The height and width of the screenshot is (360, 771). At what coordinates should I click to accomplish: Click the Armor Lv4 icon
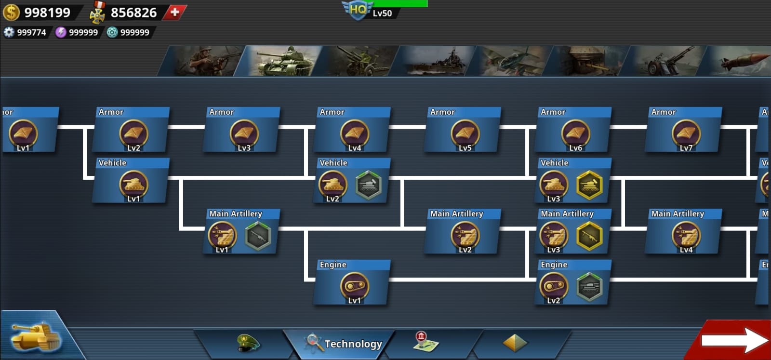click(354, 133)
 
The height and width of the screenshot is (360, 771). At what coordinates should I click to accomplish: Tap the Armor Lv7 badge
click(686, 133)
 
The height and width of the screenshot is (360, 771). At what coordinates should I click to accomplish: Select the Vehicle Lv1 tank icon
click(133, 185)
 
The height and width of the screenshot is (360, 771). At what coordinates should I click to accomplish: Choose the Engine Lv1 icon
click(354, 286)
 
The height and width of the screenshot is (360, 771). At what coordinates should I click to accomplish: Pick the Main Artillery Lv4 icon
click(686, 235)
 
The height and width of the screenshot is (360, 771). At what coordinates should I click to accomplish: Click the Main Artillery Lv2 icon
click(465, 235)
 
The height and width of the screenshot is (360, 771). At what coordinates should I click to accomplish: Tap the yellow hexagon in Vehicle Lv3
click(589, 185)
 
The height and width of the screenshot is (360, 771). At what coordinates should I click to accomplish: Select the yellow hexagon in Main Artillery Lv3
click(589, 236)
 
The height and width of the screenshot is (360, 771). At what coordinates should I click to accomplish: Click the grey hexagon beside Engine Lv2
click(589, 287)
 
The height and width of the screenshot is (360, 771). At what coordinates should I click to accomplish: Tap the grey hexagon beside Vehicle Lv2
click(368, 185)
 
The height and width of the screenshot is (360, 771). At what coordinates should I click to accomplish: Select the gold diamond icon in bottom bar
click(515, 343)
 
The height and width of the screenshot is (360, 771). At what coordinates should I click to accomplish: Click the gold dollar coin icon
click(11, 12)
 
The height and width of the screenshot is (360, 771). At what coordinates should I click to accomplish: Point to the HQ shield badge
click(357, 10)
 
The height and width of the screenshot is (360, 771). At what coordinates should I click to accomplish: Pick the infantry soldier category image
click(205, 61)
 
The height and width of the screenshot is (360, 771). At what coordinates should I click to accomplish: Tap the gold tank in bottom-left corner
click(36, 336)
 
